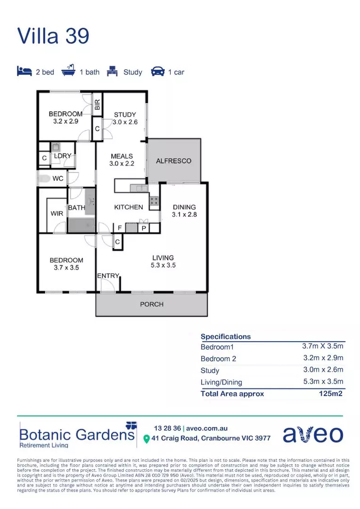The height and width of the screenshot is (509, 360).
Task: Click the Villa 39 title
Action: pyautogui.click(x=53, y=36)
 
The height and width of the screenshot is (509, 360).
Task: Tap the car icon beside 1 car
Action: pyautogui.click(x=157, y=72)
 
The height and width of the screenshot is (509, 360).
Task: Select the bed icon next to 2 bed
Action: pyautogui.click(x=24, y=72)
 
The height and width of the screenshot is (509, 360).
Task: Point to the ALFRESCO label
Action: pyautogui.click(x=173, y=161)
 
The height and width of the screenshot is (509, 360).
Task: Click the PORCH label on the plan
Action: pyautogui.click(x=152, y=304)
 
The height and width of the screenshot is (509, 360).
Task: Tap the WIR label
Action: pyautogui.click(x=57, y=213)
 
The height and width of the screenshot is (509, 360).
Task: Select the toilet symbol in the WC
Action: pyautogui.click(x=44, y=179)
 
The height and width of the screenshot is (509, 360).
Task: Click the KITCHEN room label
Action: pyautogui.click(x=129, y=207)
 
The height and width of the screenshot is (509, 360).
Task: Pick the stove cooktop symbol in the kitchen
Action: pyautogui.click(x=155, y=202)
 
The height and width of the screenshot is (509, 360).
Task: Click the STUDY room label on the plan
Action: pyautogui.click(x=125, y=115)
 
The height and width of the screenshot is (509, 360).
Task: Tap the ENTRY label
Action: pyautogui.click(x=108, y=276)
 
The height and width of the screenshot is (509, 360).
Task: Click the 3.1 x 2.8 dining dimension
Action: pyautogui.click(x=184, y=214)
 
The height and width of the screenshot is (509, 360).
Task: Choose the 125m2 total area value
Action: pyautogui.click(x=331, y=394)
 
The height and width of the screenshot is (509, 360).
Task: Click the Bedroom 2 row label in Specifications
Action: pyautogui.click(x=218, y=359)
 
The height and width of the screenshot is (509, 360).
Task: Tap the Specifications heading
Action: pyautogui.click(x=226, y=337)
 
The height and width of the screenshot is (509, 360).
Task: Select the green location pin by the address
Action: pyautogui.click(x=146, y=439)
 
